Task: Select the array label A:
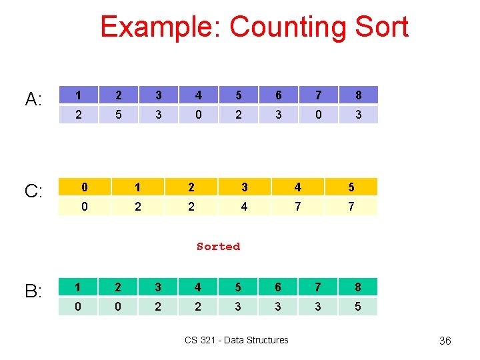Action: click(34, 100)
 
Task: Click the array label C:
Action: click(34, 192)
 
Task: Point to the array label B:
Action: click(34, 291)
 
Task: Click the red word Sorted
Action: click(218, 247)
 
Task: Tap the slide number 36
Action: click(445, 341)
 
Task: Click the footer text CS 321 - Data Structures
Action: click(237, 340)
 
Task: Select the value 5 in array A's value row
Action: click(118, 115)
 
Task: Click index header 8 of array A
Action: click(358, 95)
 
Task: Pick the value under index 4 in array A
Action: click(198, 115)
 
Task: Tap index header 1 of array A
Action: click(78, 95)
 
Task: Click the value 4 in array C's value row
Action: click(244, 207)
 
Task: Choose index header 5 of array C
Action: click(351, 187)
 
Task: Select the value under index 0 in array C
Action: click(84, 207)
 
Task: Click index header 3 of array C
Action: click(244, 187)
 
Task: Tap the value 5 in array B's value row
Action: click(358, 307)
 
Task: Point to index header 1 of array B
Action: click(78, 287)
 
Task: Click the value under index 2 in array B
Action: click(118, 307)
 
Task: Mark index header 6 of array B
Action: click(278, 287)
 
